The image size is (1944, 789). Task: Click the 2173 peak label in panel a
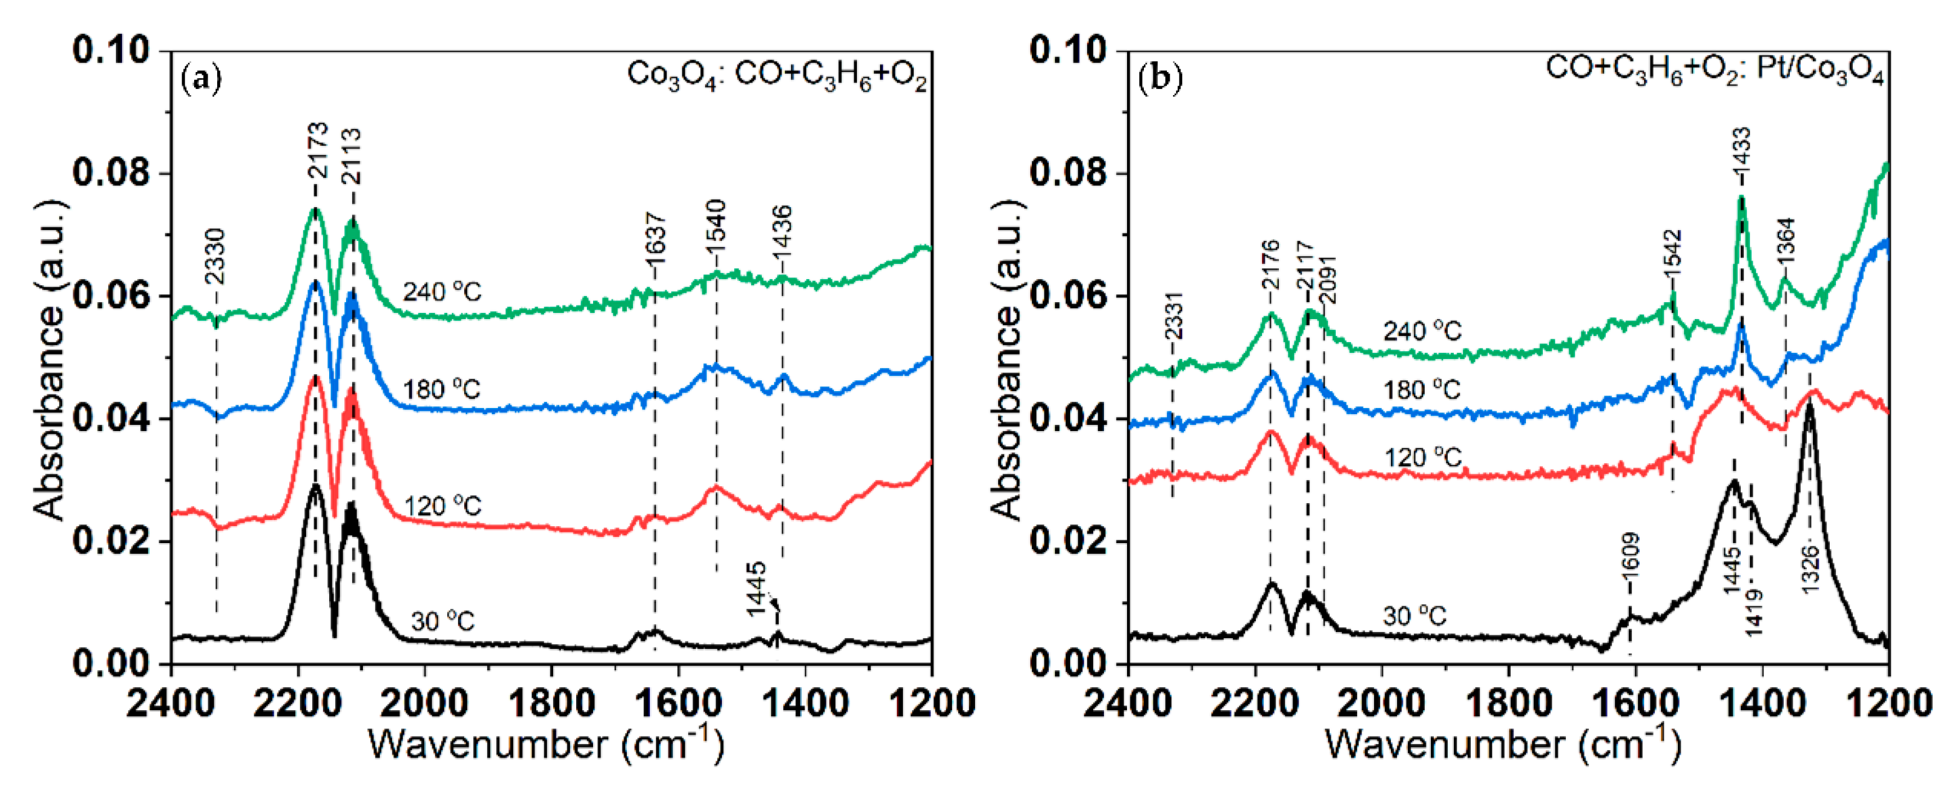pos(318,151)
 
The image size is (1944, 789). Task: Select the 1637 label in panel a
pos(656,234)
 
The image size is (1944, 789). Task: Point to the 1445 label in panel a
pos(757,589)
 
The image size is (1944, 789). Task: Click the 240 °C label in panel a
pos(442,292)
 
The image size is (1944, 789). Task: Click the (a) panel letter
pos(202,79)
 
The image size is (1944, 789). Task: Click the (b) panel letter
pos(1160,79)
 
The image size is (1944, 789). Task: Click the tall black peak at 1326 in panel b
pos(1809,411)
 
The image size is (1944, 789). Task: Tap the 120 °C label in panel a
pos(442,505)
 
